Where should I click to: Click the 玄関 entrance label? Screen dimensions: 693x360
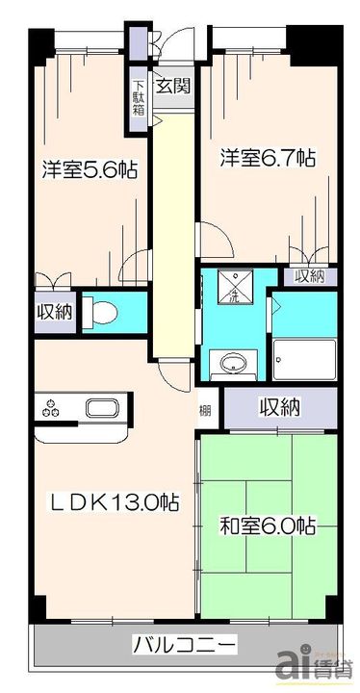[x=174, y=85]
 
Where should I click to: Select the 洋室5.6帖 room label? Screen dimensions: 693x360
[x=88, y=170]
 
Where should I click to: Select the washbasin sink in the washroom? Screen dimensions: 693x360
[x=231, y=365]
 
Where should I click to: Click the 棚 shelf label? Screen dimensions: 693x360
[x=205, y=409]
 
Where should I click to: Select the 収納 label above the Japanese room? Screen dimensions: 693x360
[x=279, y=407]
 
